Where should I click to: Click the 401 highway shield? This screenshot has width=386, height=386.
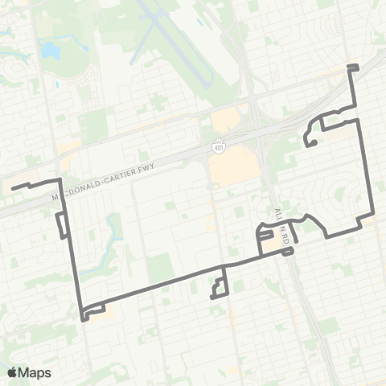[220, 148]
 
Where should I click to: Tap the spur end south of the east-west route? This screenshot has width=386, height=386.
[211, 297]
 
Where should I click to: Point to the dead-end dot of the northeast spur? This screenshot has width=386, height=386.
[307, 145]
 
